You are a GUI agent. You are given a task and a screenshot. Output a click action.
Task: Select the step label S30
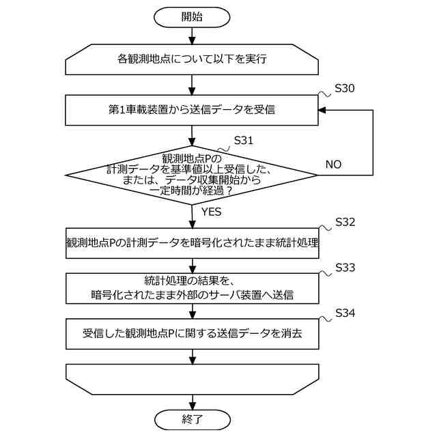344,89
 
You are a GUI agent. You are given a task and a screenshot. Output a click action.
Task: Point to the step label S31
243,140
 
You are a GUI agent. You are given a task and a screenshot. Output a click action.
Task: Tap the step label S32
345,223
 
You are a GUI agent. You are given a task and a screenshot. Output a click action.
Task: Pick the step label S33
345,268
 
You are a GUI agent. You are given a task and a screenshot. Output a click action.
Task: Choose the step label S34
345,313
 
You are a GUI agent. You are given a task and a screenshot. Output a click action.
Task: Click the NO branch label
333,165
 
